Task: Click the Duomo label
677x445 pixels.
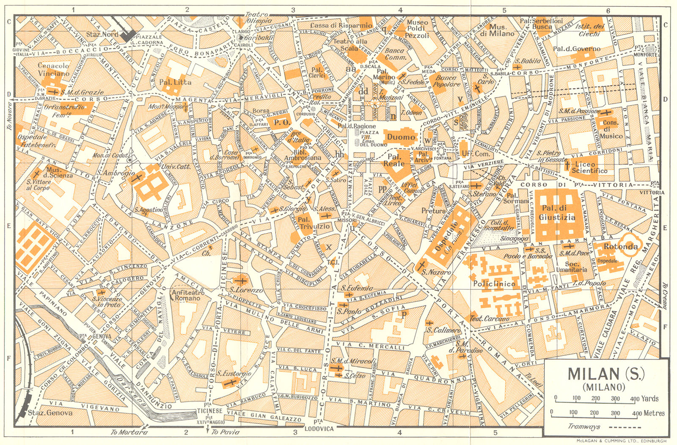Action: tap(401, 137)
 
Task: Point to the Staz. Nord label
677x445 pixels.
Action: tap(102, 34)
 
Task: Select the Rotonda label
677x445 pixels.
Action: tap(620, 247)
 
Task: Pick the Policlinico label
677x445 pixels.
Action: tap(494, 284)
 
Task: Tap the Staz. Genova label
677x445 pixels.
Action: tap(50, 413)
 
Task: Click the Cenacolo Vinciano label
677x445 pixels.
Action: tap(53, 69)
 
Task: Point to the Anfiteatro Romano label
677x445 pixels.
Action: tap(187, 295)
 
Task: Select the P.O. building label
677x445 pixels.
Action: tap(281, 123)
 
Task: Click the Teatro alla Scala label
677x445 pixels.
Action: tap(350, 45)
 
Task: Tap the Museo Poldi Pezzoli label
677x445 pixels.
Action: tap(417, 29)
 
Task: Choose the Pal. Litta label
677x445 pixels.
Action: tap(175, 82)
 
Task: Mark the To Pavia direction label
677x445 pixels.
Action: tap(226, 432)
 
